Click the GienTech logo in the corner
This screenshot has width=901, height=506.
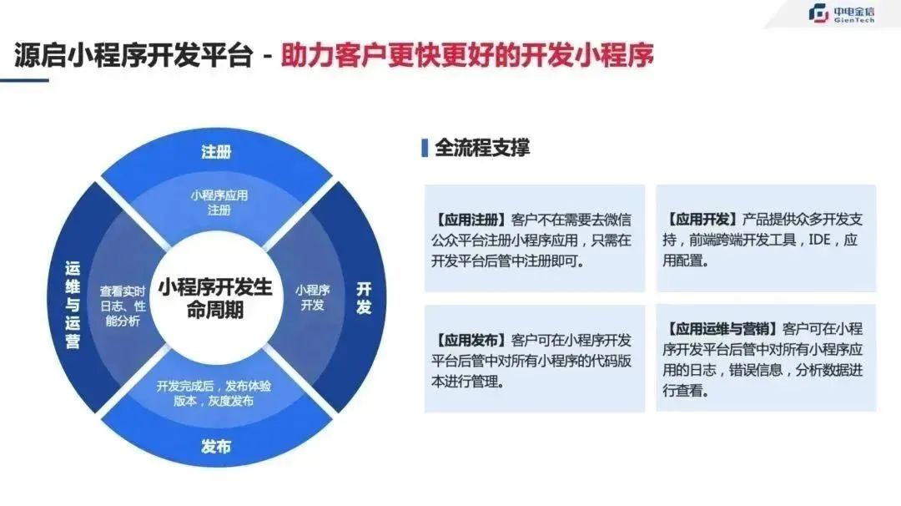tap(841, 14)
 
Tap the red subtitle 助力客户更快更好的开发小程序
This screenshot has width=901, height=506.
tap(467, 56)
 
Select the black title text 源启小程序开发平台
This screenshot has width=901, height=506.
tap(133, 56)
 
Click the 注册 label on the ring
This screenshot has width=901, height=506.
tap(216, 152)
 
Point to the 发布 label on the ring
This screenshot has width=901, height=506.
tap(216, 446)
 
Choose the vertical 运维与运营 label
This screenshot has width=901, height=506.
tap(73, 305)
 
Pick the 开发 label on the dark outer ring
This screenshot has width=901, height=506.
tap(364, 298)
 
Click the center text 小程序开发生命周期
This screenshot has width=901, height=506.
tap(215, 298)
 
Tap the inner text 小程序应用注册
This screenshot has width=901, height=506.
tap(219, 202)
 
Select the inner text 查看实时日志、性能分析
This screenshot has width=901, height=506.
tap(123, 306)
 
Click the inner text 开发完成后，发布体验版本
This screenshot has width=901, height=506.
tap(214, 393)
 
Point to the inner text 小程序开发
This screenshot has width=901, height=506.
tap(313, 297)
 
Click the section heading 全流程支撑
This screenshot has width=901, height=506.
tap(482, 148)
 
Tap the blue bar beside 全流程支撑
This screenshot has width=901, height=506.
tap(425, 148)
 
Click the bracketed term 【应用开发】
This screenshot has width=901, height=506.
tap(702, 219)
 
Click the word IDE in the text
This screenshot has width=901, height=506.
tap(819, 240)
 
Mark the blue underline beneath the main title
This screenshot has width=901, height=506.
tap(24, 80)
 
